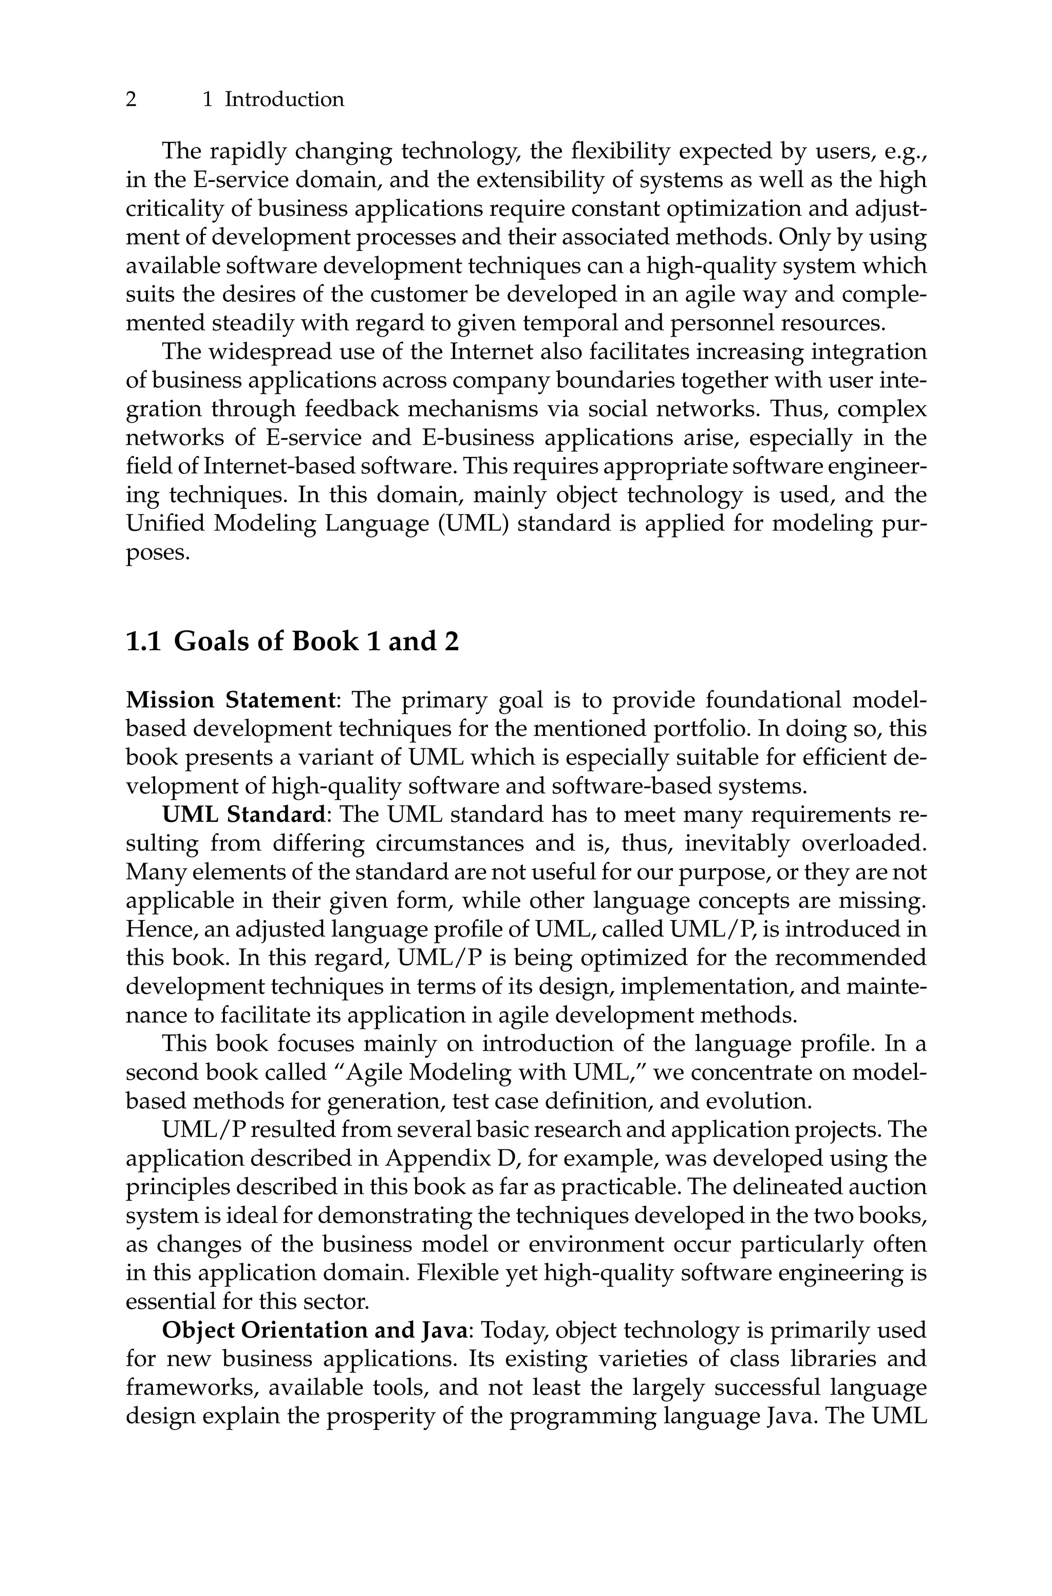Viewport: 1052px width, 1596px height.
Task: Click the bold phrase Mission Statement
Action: click(230, 701)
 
